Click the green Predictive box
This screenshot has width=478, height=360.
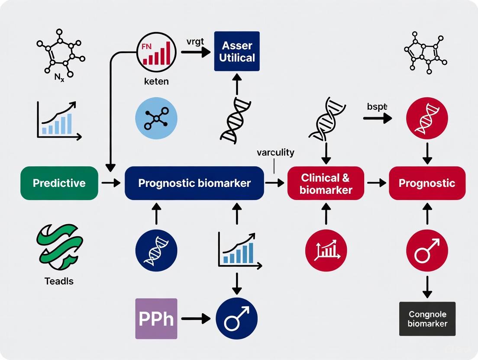pyautogui.click(x=59, y=183)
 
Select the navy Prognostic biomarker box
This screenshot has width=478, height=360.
pyautogui.click(x=194, y=183)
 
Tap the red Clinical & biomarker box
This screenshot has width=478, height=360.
pyautogui.click(x=326, y=183)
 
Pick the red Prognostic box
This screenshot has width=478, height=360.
pyautogui.click(x=427, y=183)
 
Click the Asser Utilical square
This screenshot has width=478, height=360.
pyautogui.click(x=237, y=51)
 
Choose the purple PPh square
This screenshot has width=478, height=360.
pyautogui.click(x=156, y=319)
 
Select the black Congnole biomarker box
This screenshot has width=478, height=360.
pyautogui.click(x=427, y=319)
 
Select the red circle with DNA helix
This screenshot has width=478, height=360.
pyautogui.click(x=427, y=117)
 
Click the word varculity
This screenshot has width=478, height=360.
pyautogui.click(x=275, y=152)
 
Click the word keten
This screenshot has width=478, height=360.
pyautogui.click(x=156, y=81)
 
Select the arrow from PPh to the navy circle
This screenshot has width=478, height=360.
pyautogui.click(x=196, y=319)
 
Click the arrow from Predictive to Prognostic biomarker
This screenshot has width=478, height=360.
pyautogui.click(x=111, y=183)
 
